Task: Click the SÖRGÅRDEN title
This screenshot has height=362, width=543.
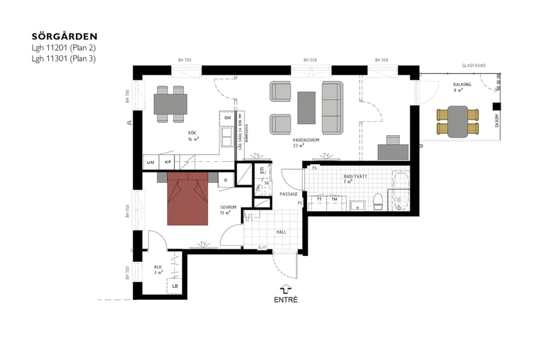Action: (x=65, y=36)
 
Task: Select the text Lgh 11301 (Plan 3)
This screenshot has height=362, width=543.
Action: (x=64, y=59)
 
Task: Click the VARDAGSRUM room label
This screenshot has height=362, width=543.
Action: (x=305, y=139)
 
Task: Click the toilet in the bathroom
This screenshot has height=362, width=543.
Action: (x=378, y=202)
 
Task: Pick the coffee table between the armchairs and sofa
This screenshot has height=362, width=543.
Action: (x=306, y=107)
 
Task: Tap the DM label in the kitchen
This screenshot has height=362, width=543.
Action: (x=227, y=118)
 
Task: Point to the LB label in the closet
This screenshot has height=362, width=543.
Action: (x=175, y=286)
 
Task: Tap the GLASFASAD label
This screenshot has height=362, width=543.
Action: (x=474, y=65)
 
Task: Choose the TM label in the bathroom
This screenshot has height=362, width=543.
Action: (x=334, y=198)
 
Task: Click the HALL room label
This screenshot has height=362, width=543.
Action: (x=281, y=231)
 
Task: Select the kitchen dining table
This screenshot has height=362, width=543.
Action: (x=170, y=104)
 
